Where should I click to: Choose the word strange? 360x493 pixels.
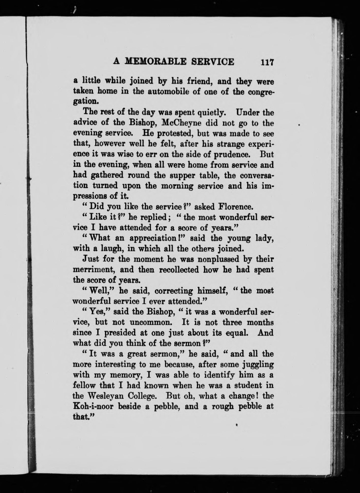231,144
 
